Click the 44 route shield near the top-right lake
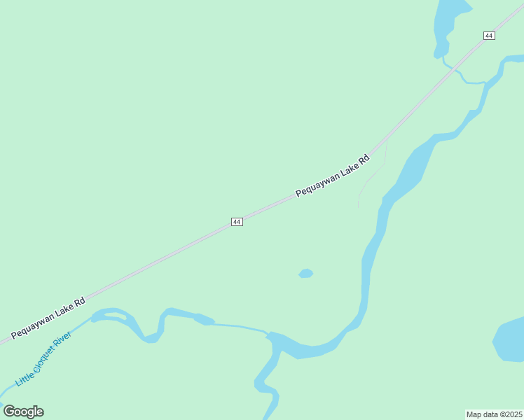click(489, 35)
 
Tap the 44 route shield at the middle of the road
click(237, 221)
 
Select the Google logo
click(23, 412)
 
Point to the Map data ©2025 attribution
click(495, 414)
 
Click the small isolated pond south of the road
click(305, 273)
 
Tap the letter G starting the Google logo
click(9, 412)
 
